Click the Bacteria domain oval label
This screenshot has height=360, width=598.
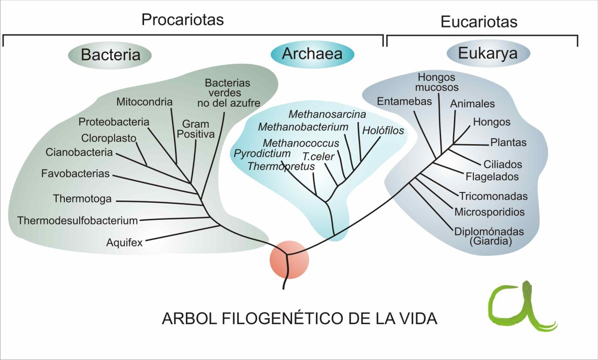pos(110,54)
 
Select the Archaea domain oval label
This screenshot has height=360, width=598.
pos(312,53)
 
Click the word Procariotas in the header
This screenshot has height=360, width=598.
pos(182,20)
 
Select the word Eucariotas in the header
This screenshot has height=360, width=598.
pos(479,22)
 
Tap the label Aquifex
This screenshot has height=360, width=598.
pos(125,243)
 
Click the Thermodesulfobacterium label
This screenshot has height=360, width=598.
pos(77,220)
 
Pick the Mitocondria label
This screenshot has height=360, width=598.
pos(145,102)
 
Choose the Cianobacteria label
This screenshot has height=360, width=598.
pos(79,152)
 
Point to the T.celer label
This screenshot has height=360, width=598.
pos(318,156)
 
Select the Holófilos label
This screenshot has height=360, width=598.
pos(383,131)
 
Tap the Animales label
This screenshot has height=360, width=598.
pos(472,104)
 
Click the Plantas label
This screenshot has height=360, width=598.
pos(508,143)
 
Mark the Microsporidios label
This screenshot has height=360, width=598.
pos(489,212)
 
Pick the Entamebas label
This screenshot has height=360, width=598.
pos(397,101)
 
